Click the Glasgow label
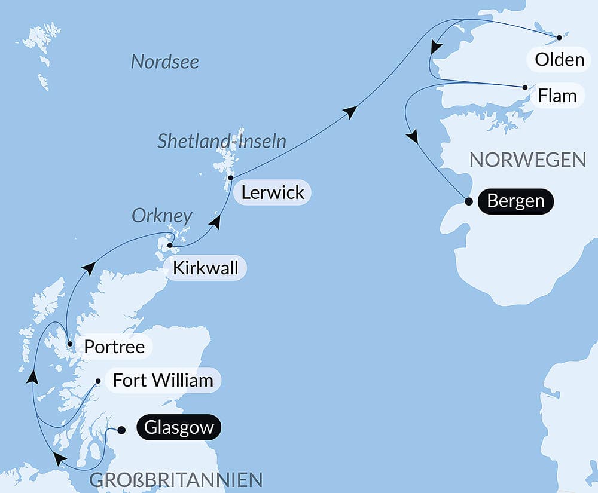click(x=179, y=428)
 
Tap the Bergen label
click(x=515, y=201)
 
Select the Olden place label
click(x=559, y=60)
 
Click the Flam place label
click(x=557, y=96)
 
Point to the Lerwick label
click(x=272, y=192)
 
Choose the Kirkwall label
click(x=205, y=268)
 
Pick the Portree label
click(x=114, y=347)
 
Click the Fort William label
click(x=163, y=380)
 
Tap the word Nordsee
click(x=164, y=62)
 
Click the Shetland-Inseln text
click(x=222, y=142)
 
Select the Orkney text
click(x=162, y=216)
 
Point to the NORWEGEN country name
click(x=527, y=160)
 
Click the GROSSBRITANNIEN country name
click(x=176, y=479)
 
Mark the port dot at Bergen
click(x=469, y=201)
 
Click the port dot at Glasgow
click(x=121, y=430)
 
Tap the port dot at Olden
click(x=559, y=38)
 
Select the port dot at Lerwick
click(x=231, y=177)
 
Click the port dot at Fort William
click(x=99, y=380)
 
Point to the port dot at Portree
click(x=70, y=344)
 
